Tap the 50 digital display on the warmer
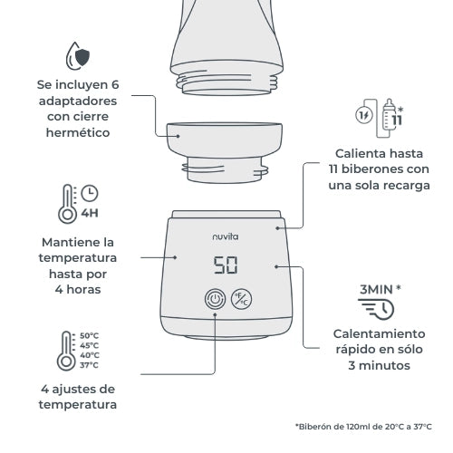pos(226,266)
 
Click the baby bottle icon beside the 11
pos(387,116)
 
